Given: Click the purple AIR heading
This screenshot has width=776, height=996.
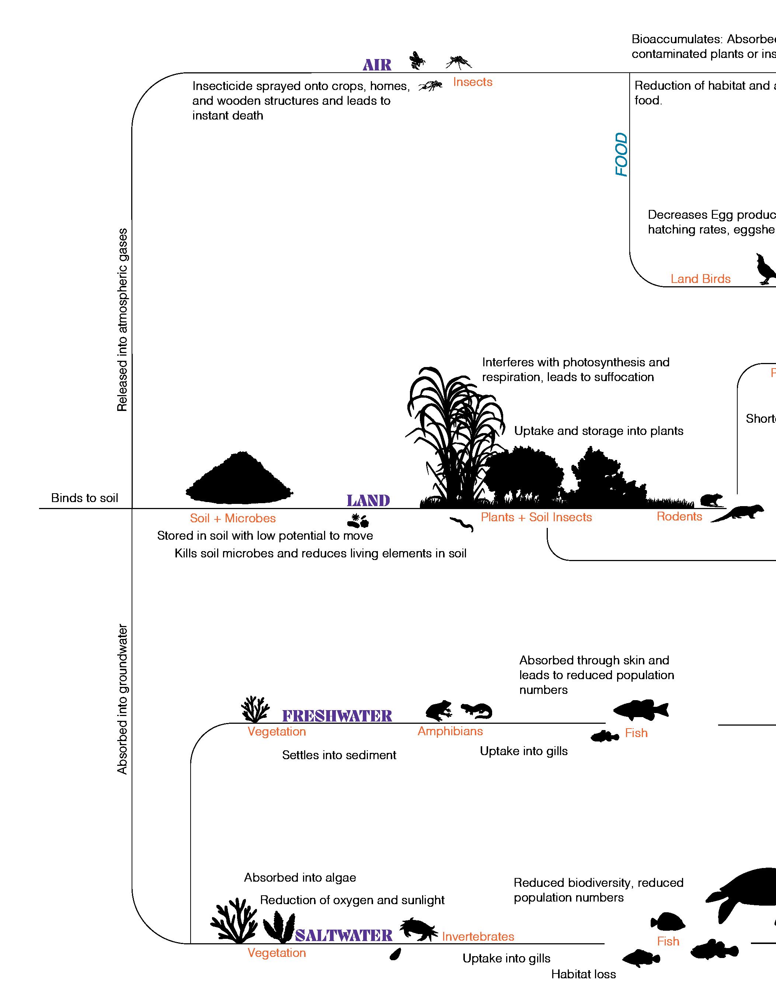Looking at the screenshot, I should pos(377,65).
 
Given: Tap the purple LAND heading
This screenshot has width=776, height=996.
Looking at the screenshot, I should pos(368,501).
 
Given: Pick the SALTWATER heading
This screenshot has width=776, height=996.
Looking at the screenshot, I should pos(344,936).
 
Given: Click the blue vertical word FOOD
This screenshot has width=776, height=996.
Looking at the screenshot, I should pos(622,155).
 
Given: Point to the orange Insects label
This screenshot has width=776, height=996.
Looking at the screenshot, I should pos(473,82).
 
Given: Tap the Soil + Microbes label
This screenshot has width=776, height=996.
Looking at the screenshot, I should pos(233,519).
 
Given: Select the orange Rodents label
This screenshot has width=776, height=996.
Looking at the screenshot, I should pos(679,517).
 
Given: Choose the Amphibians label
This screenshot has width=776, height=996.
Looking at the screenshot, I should pos(450,732).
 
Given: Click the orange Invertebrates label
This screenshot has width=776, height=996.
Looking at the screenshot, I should pos(478,937).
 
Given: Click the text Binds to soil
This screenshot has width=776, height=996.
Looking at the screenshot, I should pos(84,498).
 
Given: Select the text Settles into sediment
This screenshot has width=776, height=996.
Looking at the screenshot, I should pos(339,755).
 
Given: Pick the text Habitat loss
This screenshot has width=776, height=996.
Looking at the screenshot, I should pos(583,975).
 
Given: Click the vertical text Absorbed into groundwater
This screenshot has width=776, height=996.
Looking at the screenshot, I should pos(122,699).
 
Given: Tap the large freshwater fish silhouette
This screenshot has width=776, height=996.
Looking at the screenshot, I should pos(640,710).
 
